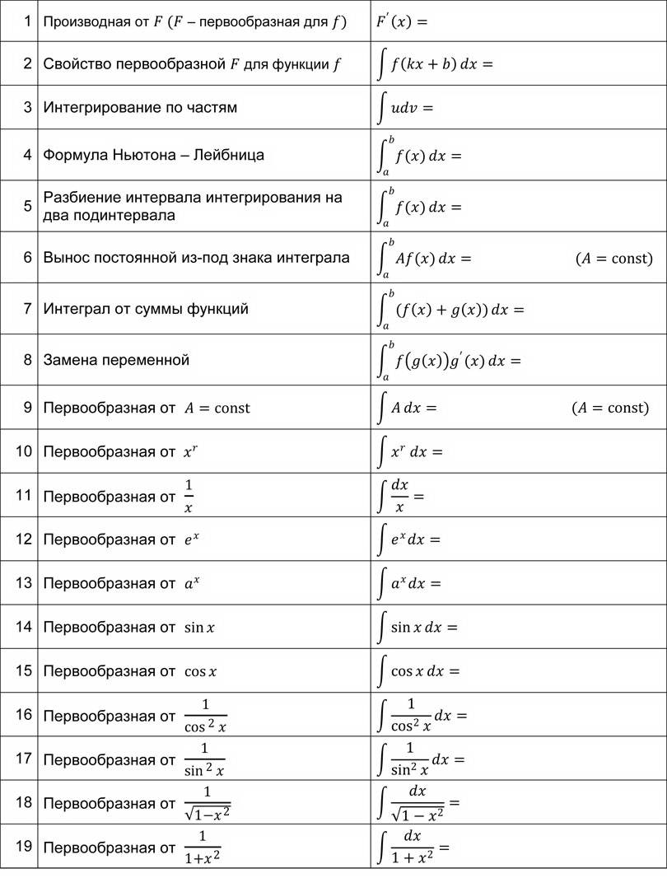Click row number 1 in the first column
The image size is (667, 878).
point(27,21)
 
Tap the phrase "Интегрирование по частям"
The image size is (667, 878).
point(140,107)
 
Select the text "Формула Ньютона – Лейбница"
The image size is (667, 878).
point(153,154)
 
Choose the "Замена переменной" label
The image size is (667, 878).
point(116,360)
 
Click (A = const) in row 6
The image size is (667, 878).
point(613,259)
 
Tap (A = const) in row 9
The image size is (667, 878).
point(610,408)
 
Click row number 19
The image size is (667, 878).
point(24,846)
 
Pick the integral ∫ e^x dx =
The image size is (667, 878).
point(409,540)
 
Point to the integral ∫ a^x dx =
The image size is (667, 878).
point(409,584)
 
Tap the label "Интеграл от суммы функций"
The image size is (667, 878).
point(146,309)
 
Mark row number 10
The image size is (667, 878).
point(24,451)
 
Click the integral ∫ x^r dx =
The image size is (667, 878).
point(410,452)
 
